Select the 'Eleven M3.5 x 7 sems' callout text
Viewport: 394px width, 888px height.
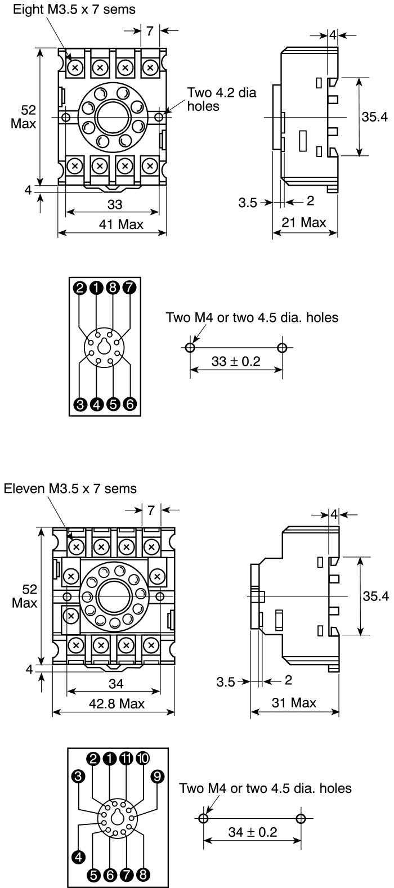click(x=70, y=488)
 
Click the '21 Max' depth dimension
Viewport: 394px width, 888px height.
click(x=304, y=222)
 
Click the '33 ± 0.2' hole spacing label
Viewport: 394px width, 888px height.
click(x=236, y=361)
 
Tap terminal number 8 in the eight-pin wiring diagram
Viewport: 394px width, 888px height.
click(x=113, y=289)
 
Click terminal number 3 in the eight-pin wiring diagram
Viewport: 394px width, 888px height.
click(x=80, y=404)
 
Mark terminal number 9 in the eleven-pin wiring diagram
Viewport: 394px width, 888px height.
click(x=158, y=777)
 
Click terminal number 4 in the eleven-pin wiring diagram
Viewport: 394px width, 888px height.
click(x=78, y=856)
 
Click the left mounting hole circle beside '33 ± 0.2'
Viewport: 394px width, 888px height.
click(x=190, y=347)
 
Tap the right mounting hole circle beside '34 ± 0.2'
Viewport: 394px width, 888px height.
click(x=301, y=817)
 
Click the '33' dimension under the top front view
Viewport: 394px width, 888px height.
click(x=115, y=203)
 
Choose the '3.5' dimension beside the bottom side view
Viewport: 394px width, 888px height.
click(x=225, y=682)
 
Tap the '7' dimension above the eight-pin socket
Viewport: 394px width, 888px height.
click(x=150, y=32)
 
